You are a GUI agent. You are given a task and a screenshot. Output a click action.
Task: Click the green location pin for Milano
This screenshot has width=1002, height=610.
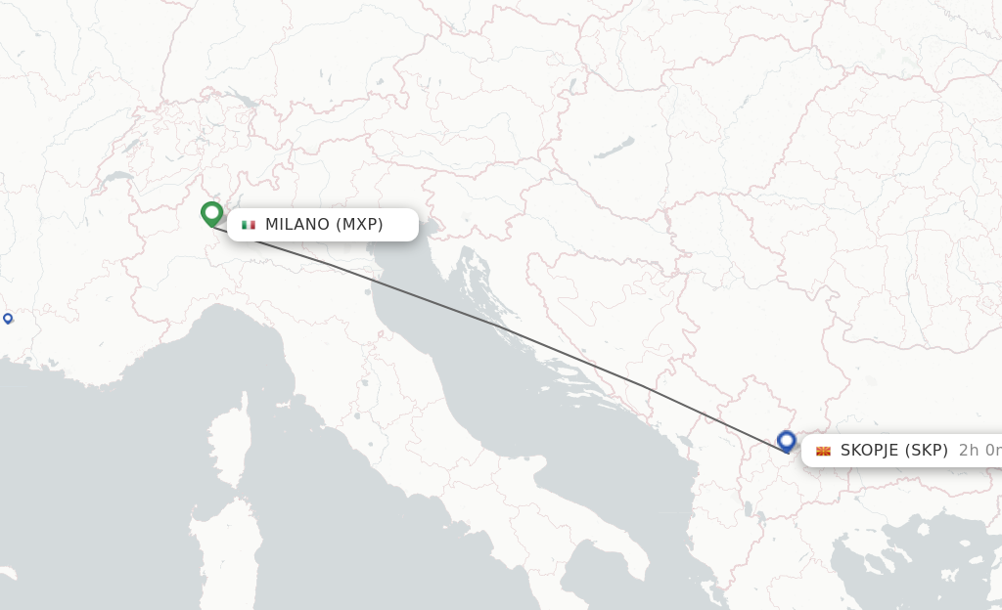tap(211, 212)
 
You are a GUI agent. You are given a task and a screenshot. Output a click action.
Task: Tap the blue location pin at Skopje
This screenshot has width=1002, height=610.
tap(787, 441)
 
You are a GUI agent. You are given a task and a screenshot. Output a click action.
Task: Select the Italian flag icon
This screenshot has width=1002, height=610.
tap(249, 225)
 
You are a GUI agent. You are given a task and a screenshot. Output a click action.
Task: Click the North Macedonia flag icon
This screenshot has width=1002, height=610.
tap(823, 451)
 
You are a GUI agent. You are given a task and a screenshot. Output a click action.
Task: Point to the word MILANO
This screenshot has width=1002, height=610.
tap(297, 225)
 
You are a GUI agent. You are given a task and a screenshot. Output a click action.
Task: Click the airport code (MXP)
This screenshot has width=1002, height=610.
tap(359, 225)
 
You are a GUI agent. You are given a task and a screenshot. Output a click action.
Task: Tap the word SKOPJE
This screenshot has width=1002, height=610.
tap(870, 451)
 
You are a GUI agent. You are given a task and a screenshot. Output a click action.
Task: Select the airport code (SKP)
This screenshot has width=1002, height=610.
tap(927, 451)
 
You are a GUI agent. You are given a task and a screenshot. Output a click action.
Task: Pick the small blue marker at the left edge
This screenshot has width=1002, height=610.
tap(8, 318)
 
